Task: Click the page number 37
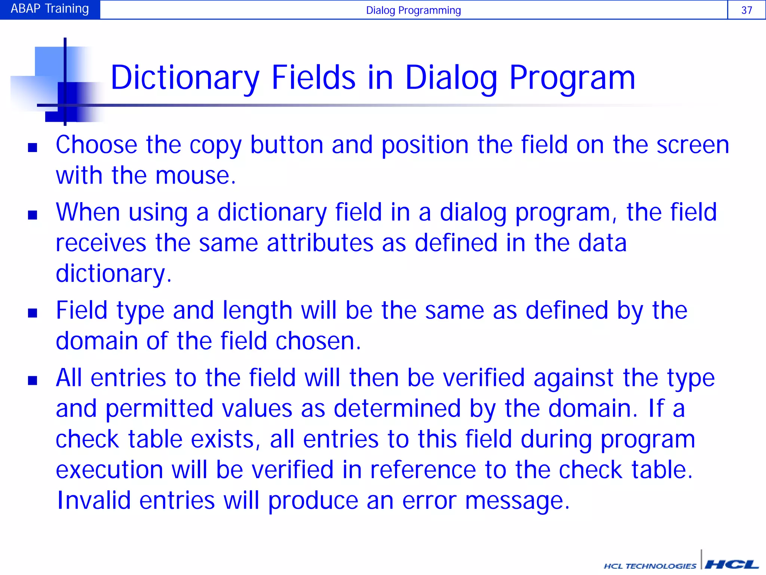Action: (746, 10)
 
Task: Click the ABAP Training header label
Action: (50, 9)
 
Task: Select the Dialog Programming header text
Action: (413, 10)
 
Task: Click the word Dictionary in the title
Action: (185, 78)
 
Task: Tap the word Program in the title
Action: (572, 78)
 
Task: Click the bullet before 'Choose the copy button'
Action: (33, 147)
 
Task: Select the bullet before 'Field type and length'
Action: (33, 313)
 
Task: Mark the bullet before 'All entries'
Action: (33, 381)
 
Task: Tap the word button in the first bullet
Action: (286, 145)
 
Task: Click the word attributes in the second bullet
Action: (320, 243)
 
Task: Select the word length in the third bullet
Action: (257, 311)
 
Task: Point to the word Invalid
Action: (94, 501)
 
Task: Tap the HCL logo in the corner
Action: (731, 564)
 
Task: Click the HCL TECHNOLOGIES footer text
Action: (650, 566)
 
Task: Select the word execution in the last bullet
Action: (109, 470)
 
